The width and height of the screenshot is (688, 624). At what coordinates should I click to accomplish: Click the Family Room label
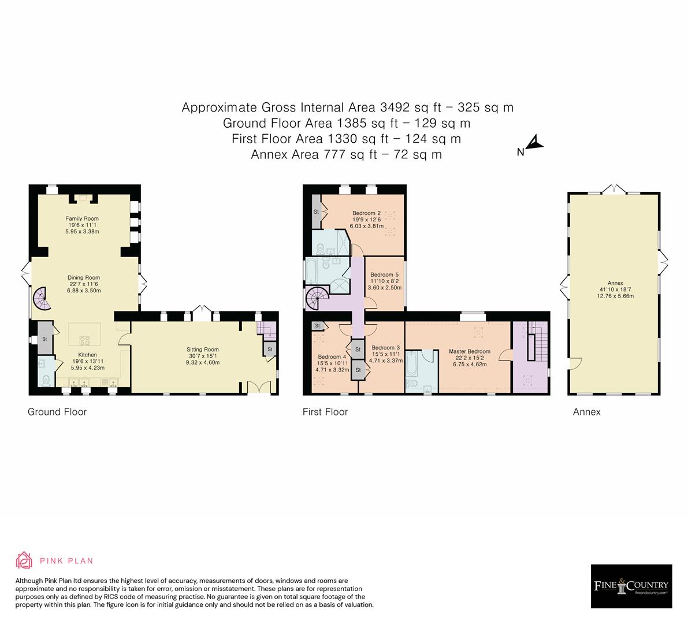pos(81,218)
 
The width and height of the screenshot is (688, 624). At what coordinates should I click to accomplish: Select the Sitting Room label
pos(202,350)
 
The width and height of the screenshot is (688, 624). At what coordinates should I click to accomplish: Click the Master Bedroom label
pos(469,351)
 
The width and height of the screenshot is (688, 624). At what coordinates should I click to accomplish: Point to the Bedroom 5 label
pos(384,274)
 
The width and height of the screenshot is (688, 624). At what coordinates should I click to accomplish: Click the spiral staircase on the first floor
pos(317,298)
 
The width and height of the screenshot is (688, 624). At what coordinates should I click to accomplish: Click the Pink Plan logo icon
pos(24,560)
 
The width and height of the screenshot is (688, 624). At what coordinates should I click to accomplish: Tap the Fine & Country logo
pos(631,586)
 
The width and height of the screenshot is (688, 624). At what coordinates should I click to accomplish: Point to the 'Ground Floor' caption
pos(57,412)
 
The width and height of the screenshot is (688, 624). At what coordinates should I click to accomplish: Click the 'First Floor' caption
pos(325,412)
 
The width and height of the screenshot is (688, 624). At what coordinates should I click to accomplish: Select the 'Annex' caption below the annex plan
pos(586,412)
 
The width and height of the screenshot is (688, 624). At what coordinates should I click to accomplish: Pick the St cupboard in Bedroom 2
pos(317,211)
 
